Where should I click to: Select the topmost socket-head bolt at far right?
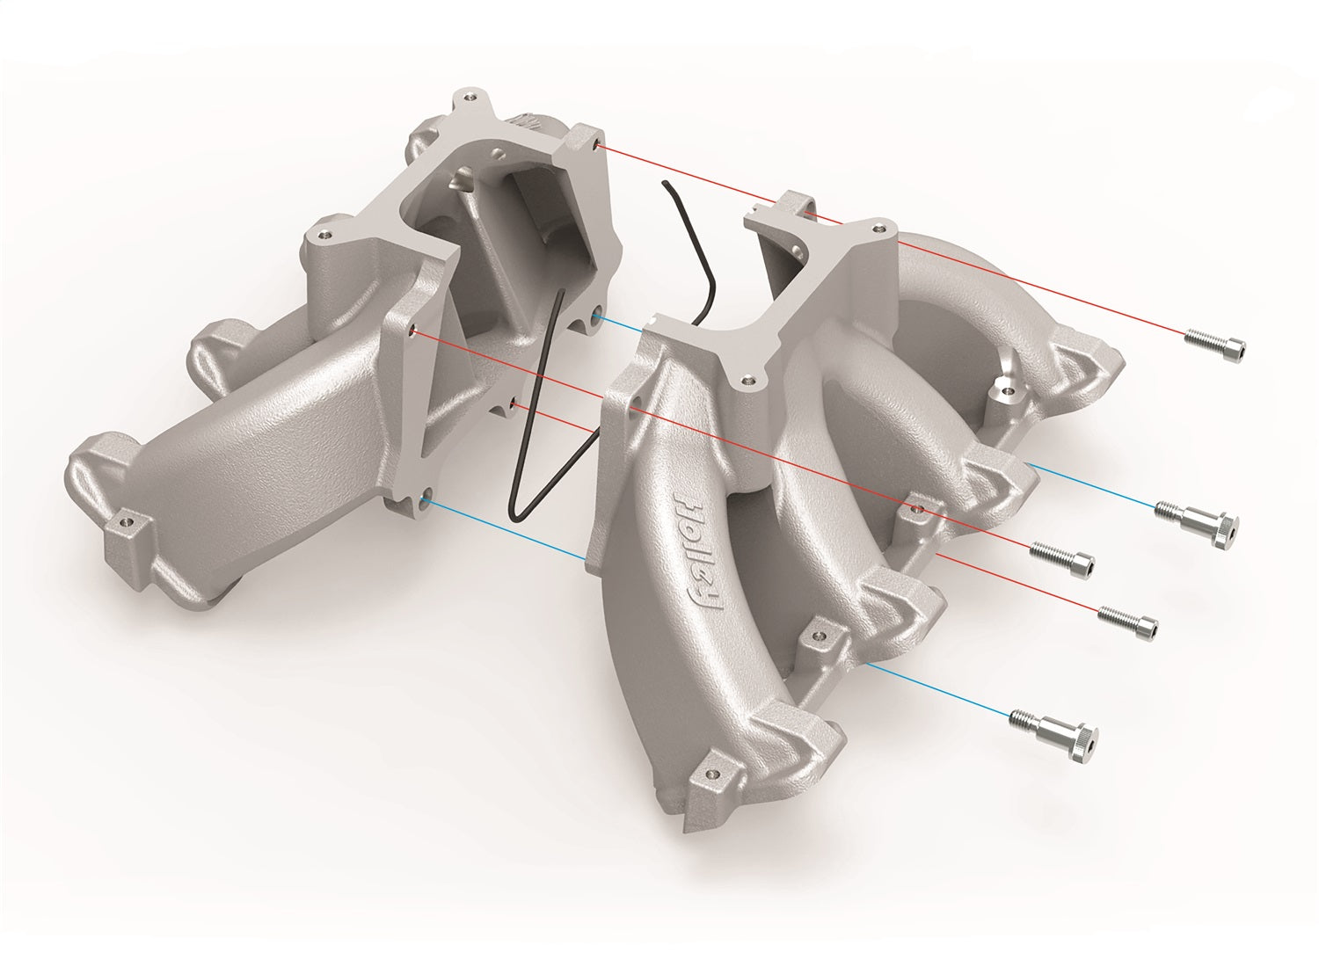coord(1217,344)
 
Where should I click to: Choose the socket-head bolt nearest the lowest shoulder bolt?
coord(1128,620)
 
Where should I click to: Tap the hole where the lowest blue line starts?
coord(426,499)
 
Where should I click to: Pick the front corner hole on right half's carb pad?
coord(747,381)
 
